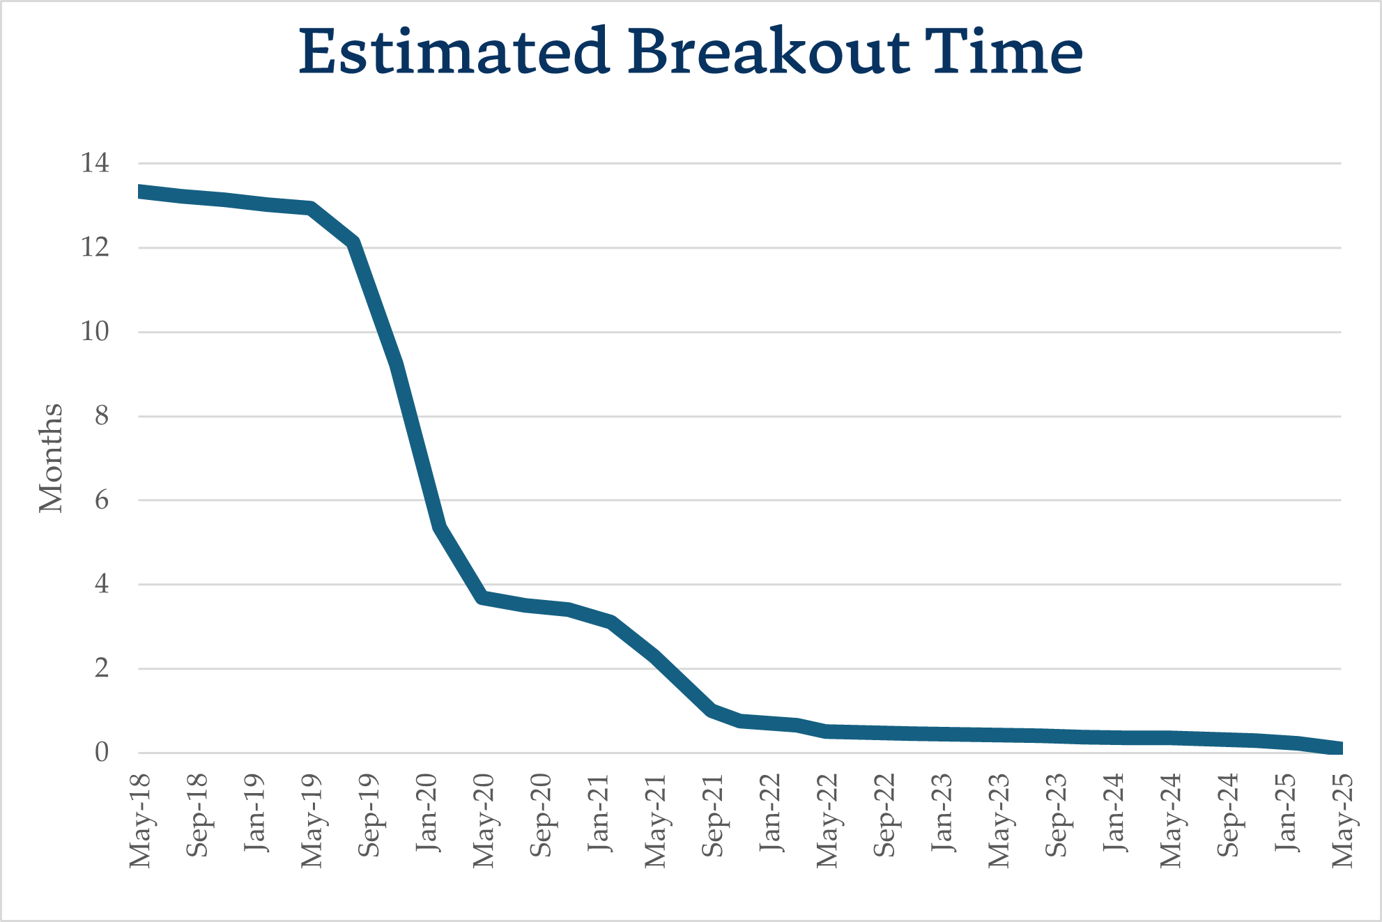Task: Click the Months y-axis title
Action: click(x=51, y=458)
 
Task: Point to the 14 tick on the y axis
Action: click(x=95, y=163)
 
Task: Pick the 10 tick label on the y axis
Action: click(x=95, y=332)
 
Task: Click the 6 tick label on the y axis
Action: click(x=102, y=500)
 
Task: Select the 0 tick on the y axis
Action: click(x=102, y=753)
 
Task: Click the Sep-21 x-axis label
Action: click(x=712, y=815)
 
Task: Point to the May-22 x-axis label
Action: click(x=827, y=820)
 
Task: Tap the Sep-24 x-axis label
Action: click(x=1228, y=815)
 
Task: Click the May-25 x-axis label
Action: click(x=1342, y=820)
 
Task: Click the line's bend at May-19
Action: click(x=312, y=208)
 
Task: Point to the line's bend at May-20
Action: click(x=483, y=598)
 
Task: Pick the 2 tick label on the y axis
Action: click(x=102, y=668)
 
